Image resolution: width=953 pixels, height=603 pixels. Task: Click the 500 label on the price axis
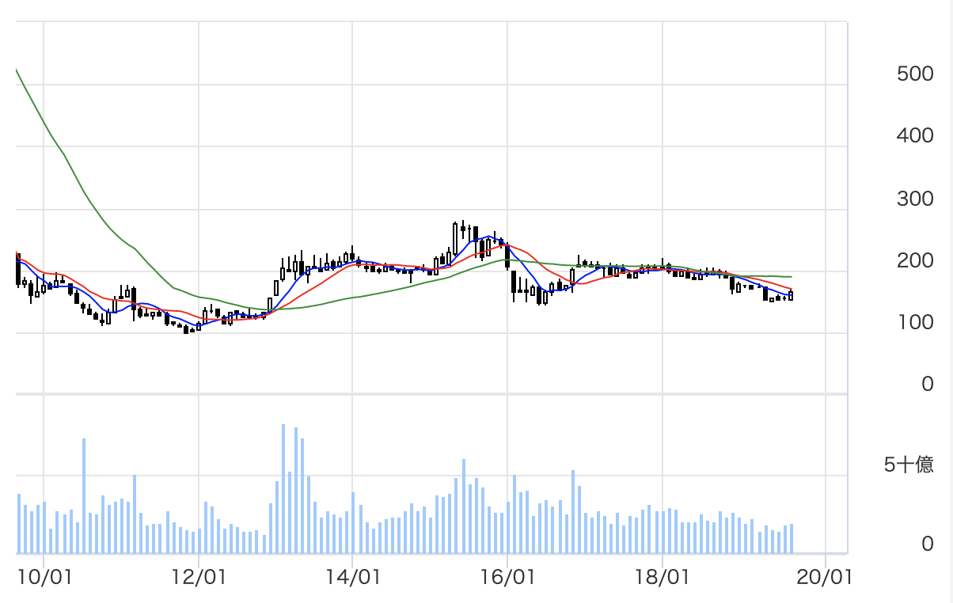coord(916,74)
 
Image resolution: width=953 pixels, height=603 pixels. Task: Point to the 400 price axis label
coord(916,136)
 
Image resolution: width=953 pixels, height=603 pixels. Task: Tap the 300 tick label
coord(916,199)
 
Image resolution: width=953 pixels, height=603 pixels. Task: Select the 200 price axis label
coord(916,260)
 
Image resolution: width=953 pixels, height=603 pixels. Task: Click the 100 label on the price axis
coord(916,323)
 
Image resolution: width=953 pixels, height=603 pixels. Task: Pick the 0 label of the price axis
coord(927,385)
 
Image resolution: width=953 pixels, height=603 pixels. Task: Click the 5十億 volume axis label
coord(909,465)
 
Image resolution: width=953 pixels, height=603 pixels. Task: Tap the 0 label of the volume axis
coord(927,544)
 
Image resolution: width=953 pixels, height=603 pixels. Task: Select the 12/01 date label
coord(199,577)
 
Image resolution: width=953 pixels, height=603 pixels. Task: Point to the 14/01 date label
coord(353,577)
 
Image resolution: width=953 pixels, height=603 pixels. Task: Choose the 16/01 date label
coord(508,577)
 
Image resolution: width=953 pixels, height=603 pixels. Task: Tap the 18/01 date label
coord(663,577)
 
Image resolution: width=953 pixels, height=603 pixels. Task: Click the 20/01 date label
coord(826,577)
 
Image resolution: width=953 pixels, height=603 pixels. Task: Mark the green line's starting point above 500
coord(17,70)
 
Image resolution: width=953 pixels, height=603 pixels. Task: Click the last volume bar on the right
coord(791,538)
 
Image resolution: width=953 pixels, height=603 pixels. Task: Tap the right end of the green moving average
coord(792,277)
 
